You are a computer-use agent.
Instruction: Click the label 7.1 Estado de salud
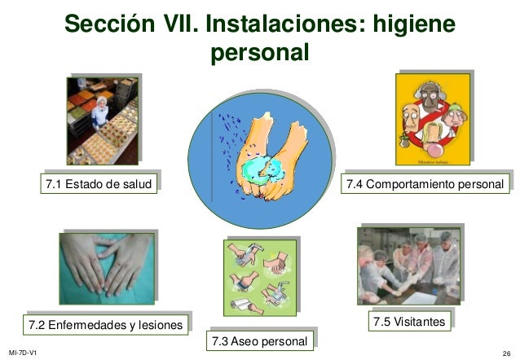[x=99, y=185]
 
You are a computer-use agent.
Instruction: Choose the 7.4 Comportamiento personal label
[x=425, y=185]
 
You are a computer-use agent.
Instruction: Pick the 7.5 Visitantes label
[x=409, y=322]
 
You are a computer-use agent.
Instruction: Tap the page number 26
[x=506, y=352]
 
